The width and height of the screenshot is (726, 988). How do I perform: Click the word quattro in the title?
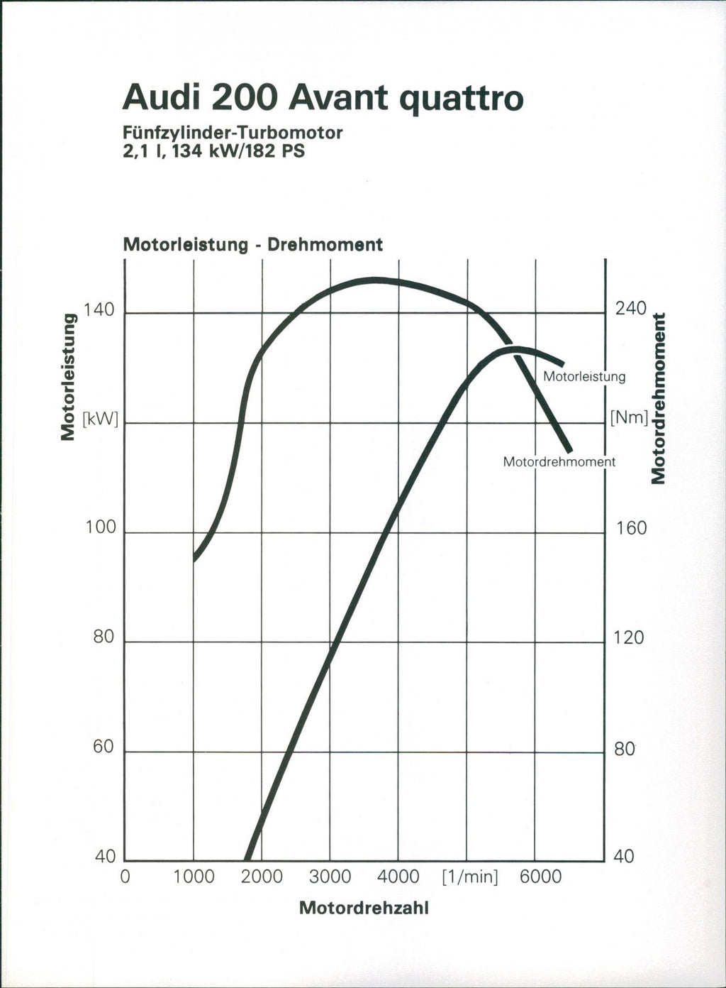(x=462, y=99)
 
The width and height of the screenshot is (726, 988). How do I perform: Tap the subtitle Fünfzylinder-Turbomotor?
(x=233, y=133)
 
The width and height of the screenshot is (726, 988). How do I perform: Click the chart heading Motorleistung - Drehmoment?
(x=252, y=245)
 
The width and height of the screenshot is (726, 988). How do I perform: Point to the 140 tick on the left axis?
(x=99, y=310)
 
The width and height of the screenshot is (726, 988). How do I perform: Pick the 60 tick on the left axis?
(x=103, y=747)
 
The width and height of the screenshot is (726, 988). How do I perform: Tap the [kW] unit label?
(x=100, y=418)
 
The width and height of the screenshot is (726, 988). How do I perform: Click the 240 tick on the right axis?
(x=630, y=309)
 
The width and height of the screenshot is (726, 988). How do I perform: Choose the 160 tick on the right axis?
(x=630, y=528)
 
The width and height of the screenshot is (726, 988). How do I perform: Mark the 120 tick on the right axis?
(x=629, y=638)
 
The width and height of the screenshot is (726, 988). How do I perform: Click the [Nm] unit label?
(x=629, y=417)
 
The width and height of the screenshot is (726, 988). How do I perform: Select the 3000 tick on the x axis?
(x=330, y=877)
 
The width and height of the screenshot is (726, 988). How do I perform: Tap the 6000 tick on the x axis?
(x=540, y=877)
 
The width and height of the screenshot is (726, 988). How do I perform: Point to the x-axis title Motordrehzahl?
(x=364, y=909)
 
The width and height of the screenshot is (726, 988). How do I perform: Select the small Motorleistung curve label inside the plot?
(x=584, y=377)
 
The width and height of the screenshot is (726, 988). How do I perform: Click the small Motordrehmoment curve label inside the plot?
(x=559, y=462)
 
